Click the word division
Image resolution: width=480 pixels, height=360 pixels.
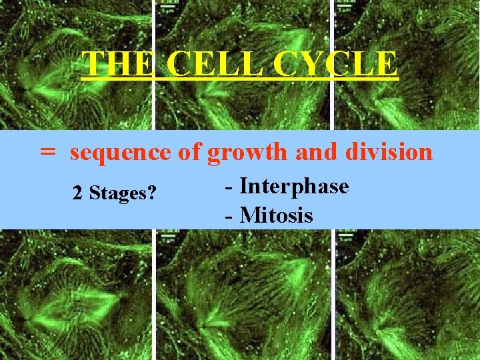(x=389, y=153)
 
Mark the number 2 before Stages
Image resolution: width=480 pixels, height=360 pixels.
(x=77, y=194)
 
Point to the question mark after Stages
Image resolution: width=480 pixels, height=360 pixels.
(x=153, y=194)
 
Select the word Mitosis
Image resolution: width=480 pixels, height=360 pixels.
(x=276, y=215)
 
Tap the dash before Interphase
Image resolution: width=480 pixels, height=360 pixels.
(x=229, y=187)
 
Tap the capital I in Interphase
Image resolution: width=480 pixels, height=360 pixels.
(x=244, y=186)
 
